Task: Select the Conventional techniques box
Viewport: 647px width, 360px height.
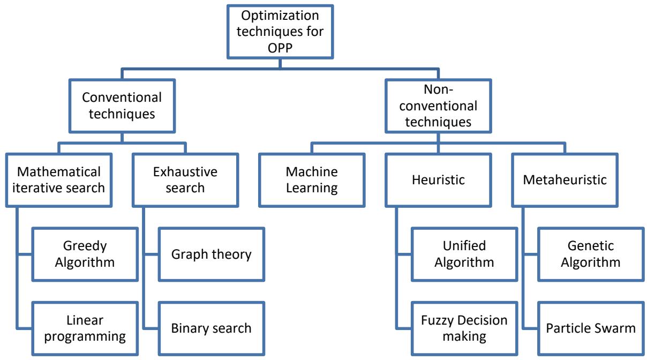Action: click(123, 106)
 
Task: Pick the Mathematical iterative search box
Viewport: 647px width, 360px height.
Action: click(59, 179)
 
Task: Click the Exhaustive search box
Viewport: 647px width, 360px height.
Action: click(185, 179)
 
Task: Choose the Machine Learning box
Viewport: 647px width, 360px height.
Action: click(312, 179)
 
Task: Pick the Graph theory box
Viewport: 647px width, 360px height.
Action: click(211, 254)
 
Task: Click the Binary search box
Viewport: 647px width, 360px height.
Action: click(211, 328)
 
